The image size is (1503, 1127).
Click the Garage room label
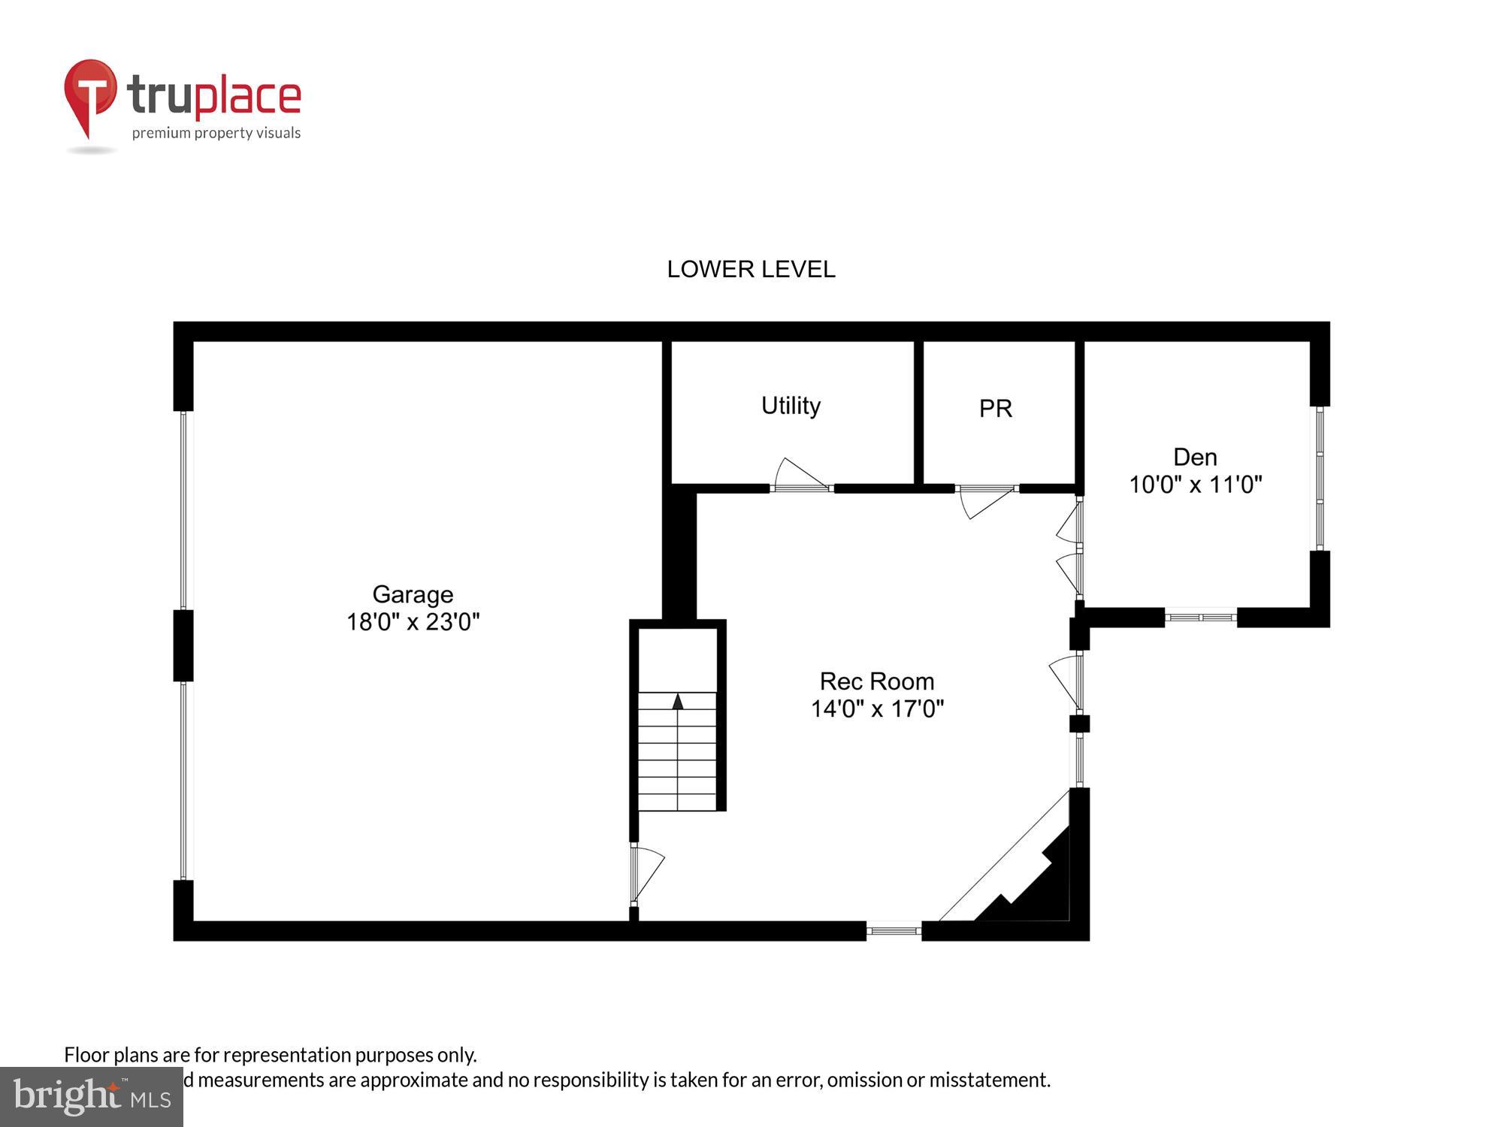point(413,594)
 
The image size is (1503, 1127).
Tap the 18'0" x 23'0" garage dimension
point(413,622)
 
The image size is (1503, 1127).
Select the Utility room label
point(791,406)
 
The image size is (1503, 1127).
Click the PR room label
point(996,409)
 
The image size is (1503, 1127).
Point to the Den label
point(1195,457)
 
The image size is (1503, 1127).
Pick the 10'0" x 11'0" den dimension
point(1195,485)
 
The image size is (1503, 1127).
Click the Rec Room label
point(876,681)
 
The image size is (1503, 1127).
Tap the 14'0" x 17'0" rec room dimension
point(876,709)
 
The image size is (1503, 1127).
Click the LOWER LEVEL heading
point(751,269)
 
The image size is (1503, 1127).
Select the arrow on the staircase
point(678,702)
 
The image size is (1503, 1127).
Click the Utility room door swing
point(800,475)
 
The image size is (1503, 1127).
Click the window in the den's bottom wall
point(1200,618)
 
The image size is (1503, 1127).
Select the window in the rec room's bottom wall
point(894,931)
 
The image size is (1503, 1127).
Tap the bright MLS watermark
point(91,1098)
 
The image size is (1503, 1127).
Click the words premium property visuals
point(216,133)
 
